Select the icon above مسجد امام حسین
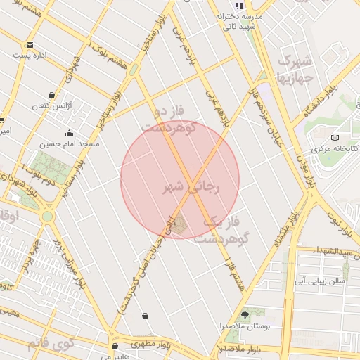(69, 133)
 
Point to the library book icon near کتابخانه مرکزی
(335, 137)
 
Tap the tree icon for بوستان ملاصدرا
(245, 314)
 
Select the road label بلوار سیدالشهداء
(332, 251)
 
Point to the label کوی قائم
(50, 345)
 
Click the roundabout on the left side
(47, 217)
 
